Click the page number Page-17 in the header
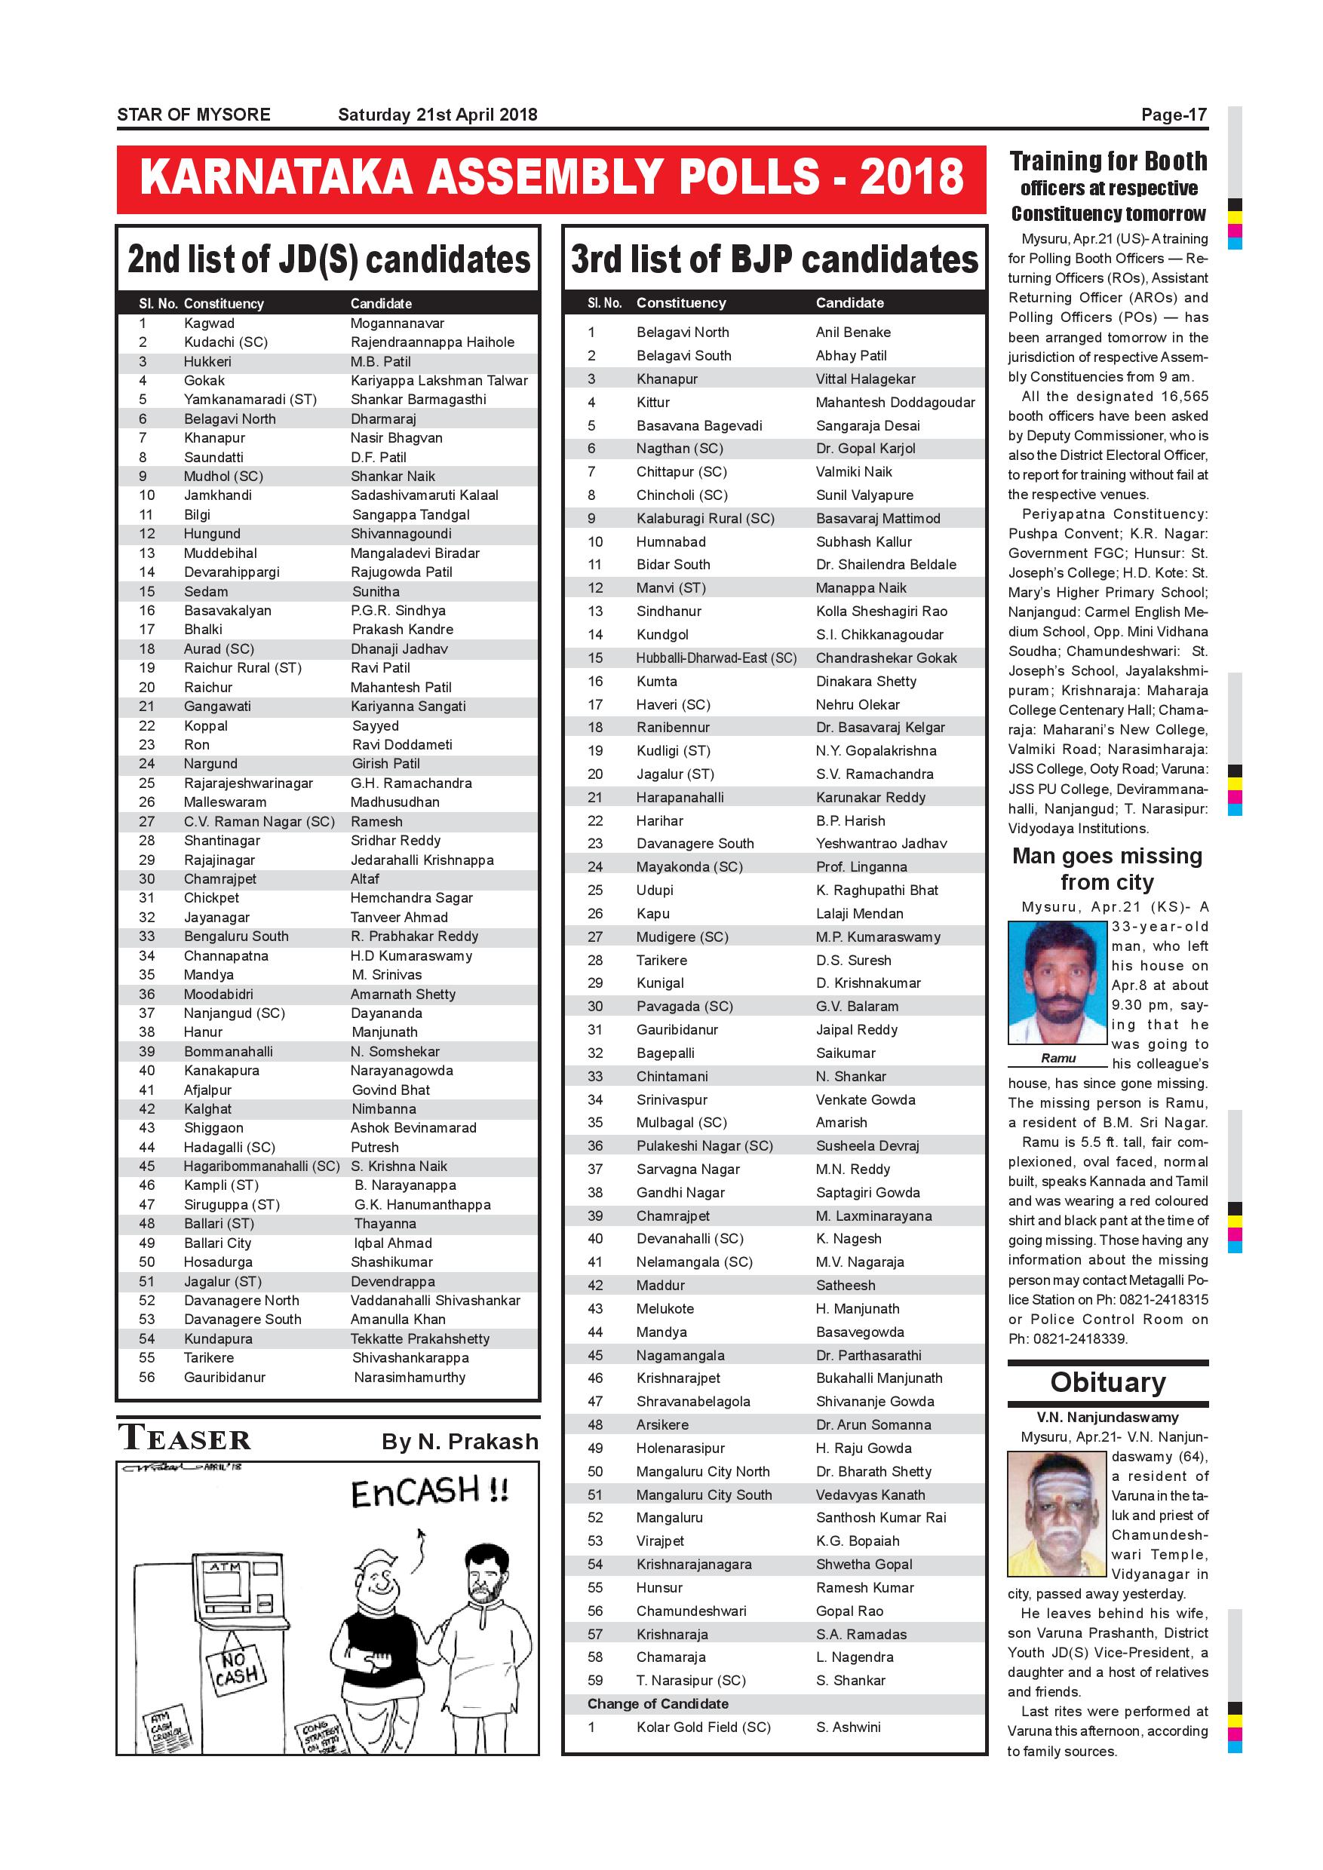click(1173, 115)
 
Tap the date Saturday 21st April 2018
click(437, 115)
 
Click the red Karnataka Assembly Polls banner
click(551, 179)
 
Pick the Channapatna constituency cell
click(226, 955)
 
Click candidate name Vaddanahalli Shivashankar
click(435, 1301)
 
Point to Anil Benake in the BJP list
click(853, 333)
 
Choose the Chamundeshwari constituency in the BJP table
click(691, 1611)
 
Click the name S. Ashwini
click(848, 1727)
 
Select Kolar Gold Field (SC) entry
click(703, 1727)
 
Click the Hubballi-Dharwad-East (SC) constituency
click(716, 658)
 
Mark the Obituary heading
click(1107, 1382)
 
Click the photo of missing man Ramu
click(1057, 983)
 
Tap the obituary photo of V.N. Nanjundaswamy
click(1057, 1513)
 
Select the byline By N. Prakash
click(459, 1442)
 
